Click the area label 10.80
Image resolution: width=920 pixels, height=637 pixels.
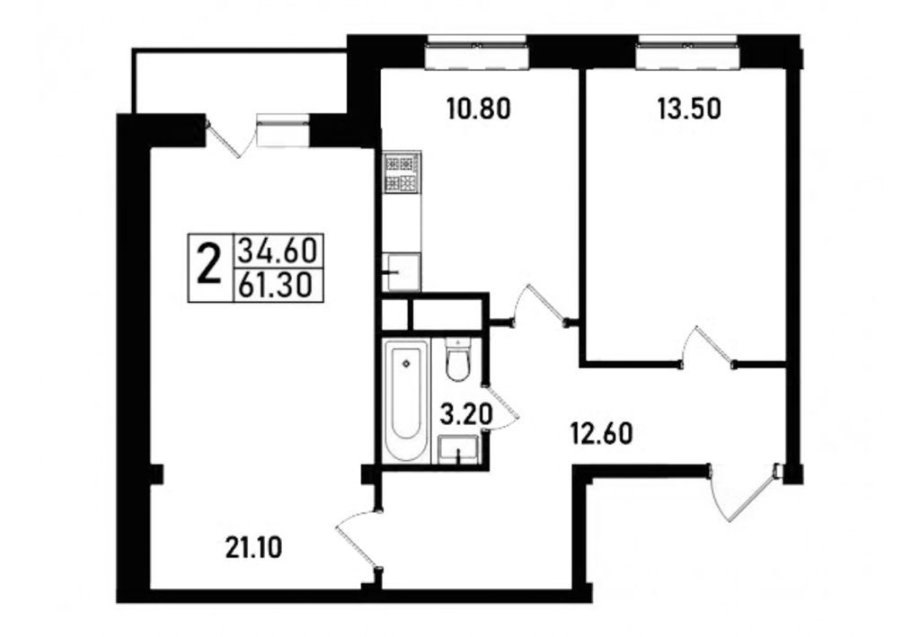tap(478, 110)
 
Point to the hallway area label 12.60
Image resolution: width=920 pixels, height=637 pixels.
tap(604, 434)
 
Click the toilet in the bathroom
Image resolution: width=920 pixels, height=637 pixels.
tap(457, 362)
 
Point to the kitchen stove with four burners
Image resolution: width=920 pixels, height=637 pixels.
tap(400, 174)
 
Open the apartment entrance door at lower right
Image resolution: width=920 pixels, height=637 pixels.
tap(741, 492)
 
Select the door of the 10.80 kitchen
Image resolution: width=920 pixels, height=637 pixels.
tap(536, 305)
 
